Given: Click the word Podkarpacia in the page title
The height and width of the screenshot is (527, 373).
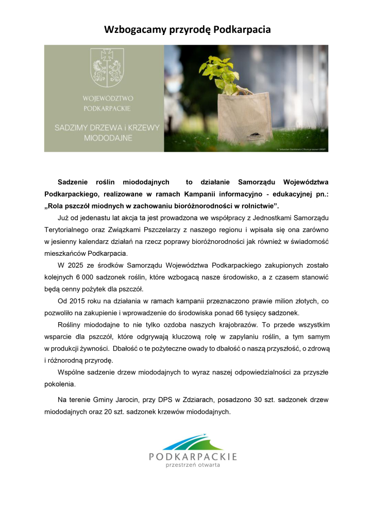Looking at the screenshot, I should [239, 29].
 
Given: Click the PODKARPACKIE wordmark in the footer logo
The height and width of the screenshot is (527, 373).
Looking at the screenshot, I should [193, 456].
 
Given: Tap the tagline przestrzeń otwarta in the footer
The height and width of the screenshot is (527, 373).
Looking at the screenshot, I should [193, 465].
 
